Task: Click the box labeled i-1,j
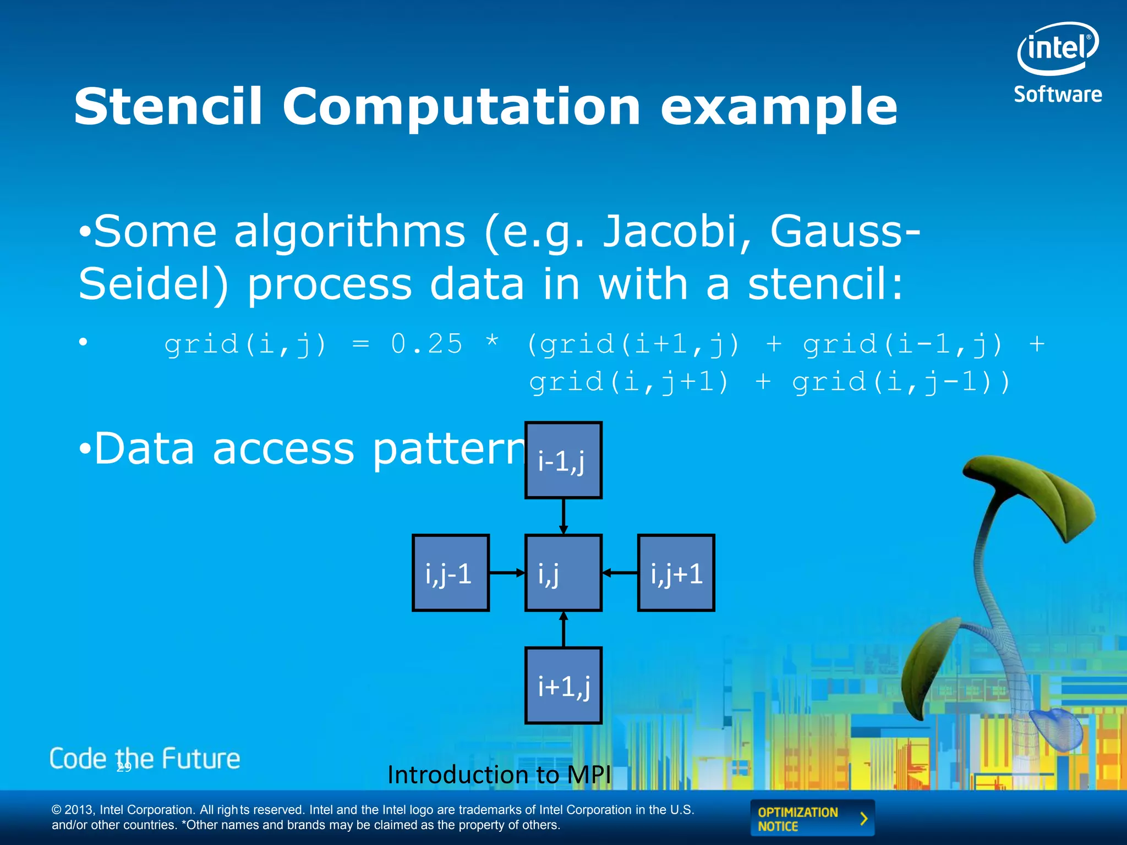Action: click(x=563, y=460)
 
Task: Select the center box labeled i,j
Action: click(x=563, y=573)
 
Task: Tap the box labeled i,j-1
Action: click(x=450, y=573)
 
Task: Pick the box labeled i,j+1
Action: click(x=676, y=573)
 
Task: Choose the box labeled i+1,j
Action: click(x=563, y=685)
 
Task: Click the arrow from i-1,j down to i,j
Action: click(x=563, y=516)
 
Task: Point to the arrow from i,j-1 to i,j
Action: click(x=507, y=573)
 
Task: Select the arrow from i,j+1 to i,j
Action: click(x=620, y=573)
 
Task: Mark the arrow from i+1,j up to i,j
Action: click(x=563, y=629)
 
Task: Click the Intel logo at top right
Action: click(x=1057, y=48)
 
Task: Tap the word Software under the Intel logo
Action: click(x=1058, y=95)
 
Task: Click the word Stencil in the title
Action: click(x=168, y=107)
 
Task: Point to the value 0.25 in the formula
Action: click(x=426, y=344)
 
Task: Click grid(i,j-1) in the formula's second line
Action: click(x=901, y=382)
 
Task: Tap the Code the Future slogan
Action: click(x=145, y=759)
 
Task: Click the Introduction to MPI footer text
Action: click(x=499, y=775)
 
